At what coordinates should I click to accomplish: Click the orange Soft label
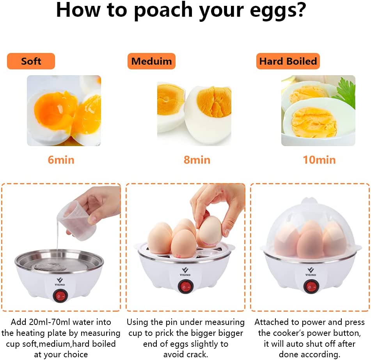tap(31, 61)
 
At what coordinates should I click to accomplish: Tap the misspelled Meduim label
tap(151, 61)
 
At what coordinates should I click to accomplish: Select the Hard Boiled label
tap(288, 61)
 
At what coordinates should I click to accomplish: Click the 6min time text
tap(61, 160)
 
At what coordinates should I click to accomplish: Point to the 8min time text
tap(197, 160)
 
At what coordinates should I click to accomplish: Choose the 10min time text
tap(319, 160)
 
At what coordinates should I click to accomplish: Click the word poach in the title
tap(163, 11)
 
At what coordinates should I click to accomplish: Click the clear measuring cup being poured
tap(78, 220)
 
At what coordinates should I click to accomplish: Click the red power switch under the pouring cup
tap(60, 296)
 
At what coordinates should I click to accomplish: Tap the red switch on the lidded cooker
tap(311, 286)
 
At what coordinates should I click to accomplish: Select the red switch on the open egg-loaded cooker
tap(186, 286)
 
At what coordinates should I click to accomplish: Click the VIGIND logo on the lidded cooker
tap(311, 272)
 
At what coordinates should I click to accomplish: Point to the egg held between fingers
tap(209, 231)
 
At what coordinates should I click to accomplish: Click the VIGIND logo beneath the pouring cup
tap(60, 282)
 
